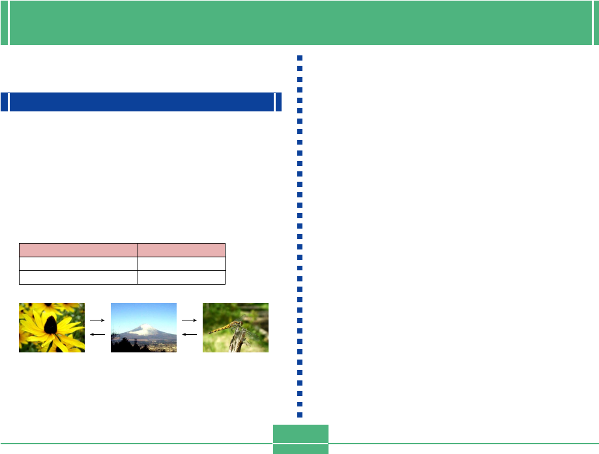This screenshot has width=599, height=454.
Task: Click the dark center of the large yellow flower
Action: point(50,323)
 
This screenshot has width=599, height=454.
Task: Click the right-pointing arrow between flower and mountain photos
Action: point(98,320)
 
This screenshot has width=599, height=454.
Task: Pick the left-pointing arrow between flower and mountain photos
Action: point(98,333)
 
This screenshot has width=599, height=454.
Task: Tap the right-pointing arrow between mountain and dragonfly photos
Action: point(190,320)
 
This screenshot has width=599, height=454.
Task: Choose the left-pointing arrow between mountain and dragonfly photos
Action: point(190,333)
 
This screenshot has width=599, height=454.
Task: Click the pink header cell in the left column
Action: point(78,249)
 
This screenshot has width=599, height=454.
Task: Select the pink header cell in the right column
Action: point(181,249)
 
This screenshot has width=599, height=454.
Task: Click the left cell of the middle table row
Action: point(78,263)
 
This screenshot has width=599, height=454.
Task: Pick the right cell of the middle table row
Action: point(181,263)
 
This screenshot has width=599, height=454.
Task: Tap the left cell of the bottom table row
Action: point(78,277)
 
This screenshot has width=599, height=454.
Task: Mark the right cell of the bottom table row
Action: point(181,277)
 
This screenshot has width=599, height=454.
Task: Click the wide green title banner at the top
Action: point(299,22)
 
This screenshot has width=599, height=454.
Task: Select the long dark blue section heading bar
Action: point(141,102)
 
